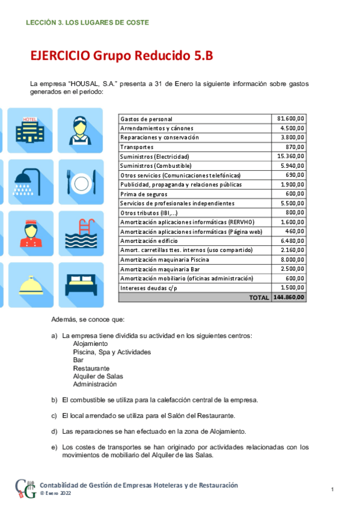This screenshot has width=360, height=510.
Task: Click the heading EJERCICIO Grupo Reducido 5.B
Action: coord(121,57)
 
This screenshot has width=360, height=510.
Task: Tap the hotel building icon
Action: coord(30,129)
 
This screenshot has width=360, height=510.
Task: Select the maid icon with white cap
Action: coord(80,129)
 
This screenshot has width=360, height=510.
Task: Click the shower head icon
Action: coord(30,181)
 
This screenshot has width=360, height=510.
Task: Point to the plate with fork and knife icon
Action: coord(80,181)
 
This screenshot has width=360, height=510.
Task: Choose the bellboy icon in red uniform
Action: coord(30,233)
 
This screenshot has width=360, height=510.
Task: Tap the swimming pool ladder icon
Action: coord(80,233)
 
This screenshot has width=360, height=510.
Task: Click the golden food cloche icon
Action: coord(30,284)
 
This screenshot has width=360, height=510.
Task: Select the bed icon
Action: coord(80,284)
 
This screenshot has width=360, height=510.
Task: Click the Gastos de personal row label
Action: coord(146,119)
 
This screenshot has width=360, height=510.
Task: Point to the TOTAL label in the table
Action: coord(258,298)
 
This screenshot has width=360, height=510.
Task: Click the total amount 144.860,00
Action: coord(289,298)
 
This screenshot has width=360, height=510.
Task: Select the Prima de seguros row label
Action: coord(144,194)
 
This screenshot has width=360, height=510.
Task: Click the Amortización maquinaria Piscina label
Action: coord(160,260)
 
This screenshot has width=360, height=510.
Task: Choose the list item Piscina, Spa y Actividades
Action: coord(112,352)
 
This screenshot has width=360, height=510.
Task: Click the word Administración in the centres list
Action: coord(95,384)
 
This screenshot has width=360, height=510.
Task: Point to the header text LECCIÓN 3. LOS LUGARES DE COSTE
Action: coord(88,22)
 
